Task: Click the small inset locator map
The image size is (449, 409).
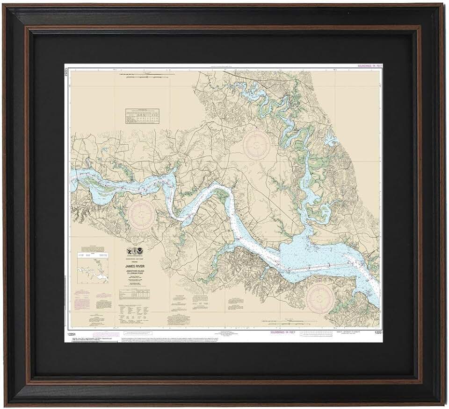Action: (92, 271)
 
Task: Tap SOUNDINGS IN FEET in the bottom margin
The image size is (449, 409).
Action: (283, 332)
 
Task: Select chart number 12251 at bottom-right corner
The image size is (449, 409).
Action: (378, 332)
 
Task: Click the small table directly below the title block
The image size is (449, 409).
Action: (131, 294)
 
